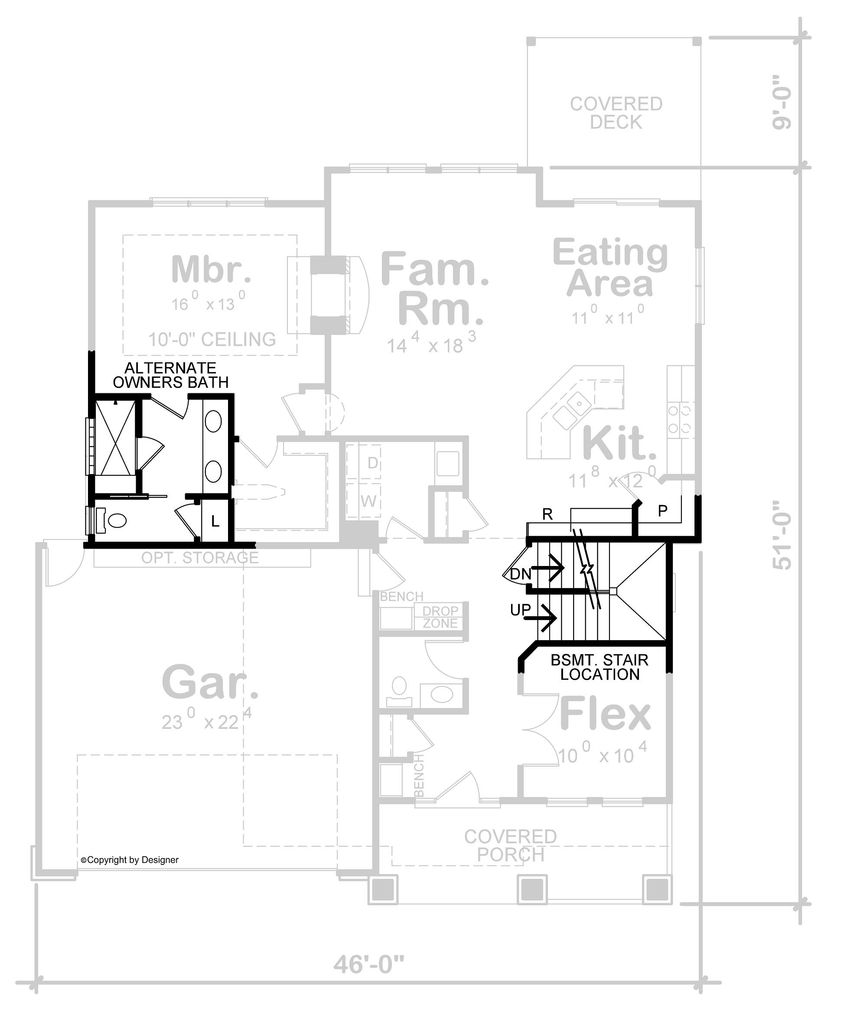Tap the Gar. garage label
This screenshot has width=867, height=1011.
pyautogui.click(x=210, y=682)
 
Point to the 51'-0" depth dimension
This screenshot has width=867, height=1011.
pyautogui.click(x=782, y=535)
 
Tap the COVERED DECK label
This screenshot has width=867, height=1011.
pyautogui.click(x=616, y=113)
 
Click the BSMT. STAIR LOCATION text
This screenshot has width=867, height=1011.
pyautogui.click(x=600, y=667)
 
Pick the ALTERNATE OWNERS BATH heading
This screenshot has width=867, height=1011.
pyautogui.click(x=170, y=375)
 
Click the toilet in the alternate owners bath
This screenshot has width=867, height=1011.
pyautogui.click(x=113, y=520)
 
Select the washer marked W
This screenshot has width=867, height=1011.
pyautogui.click(x=368, y=501)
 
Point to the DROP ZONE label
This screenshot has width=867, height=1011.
pyautogui.click(x=440, y=617)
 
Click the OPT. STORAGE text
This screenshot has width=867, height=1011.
pyautogui.click(x=200, y=558)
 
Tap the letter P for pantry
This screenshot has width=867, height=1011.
pyautogui.click(x=662, y=511)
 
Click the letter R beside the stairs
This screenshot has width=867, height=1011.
pyautogui.click(x=547, y=514)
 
